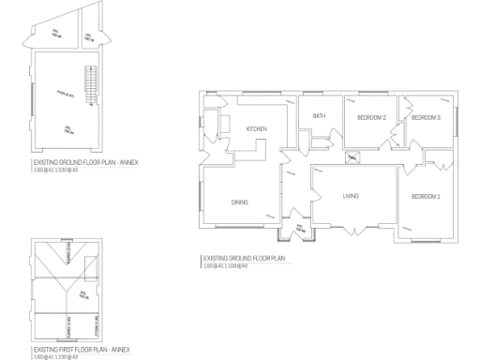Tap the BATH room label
pyautogui.click(x=319, y=116)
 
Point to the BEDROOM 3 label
pyautogui.click(x=426, y=117)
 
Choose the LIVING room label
pyautogui.click(x=352, y=195)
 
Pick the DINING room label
pyautogui.click(x=239, y=202)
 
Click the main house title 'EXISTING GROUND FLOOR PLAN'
pyautogui.click(x=244, y=258)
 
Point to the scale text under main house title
pyautogui.click(x=225, y=265)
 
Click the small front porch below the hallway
pyautogui.click(x=300, y=228)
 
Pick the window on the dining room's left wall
pyautogui.click(x=202, y=197)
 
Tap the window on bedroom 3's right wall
pyautogui.click(x=457, y=122)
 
